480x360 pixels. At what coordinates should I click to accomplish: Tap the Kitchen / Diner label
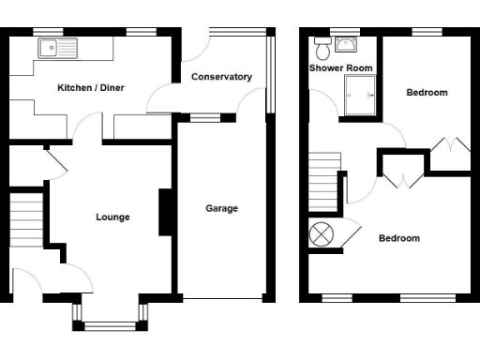91,88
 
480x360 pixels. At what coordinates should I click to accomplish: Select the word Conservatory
221,77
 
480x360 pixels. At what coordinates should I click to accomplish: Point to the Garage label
222,208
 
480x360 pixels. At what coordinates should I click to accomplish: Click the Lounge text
112,217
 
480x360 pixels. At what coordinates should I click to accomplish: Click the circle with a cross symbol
322,234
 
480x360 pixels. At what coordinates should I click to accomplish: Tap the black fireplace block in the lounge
164,212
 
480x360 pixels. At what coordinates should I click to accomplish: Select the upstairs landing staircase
323,173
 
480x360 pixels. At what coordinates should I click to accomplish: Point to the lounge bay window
111,324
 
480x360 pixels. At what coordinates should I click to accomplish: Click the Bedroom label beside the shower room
427,93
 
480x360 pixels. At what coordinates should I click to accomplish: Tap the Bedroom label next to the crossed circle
399,238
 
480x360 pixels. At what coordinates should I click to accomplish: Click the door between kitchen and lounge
90,129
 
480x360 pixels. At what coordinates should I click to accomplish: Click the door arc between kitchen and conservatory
159,98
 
